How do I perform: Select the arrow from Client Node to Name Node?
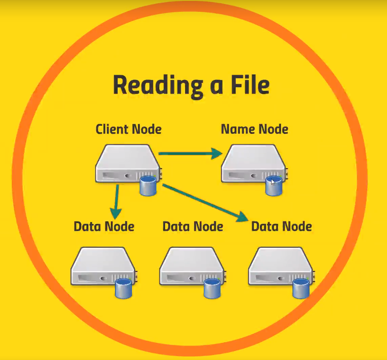pos(190,154)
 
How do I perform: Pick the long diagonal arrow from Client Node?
pos(204,202)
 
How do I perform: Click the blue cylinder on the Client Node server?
pos(148,186)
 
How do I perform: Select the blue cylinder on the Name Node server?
pos(273,186)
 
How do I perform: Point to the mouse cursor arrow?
pos(273,182)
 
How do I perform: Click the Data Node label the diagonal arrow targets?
pos(282,226)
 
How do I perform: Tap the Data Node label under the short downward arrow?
pos(104,226)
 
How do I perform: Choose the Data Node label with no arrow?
pos(193,226)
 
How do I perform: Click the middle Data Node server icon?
pos(190,266)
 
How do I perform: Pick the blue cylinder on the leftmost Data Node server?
pos(123,288)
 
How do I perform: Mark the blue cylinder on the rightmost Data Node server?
pos(301,288)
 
